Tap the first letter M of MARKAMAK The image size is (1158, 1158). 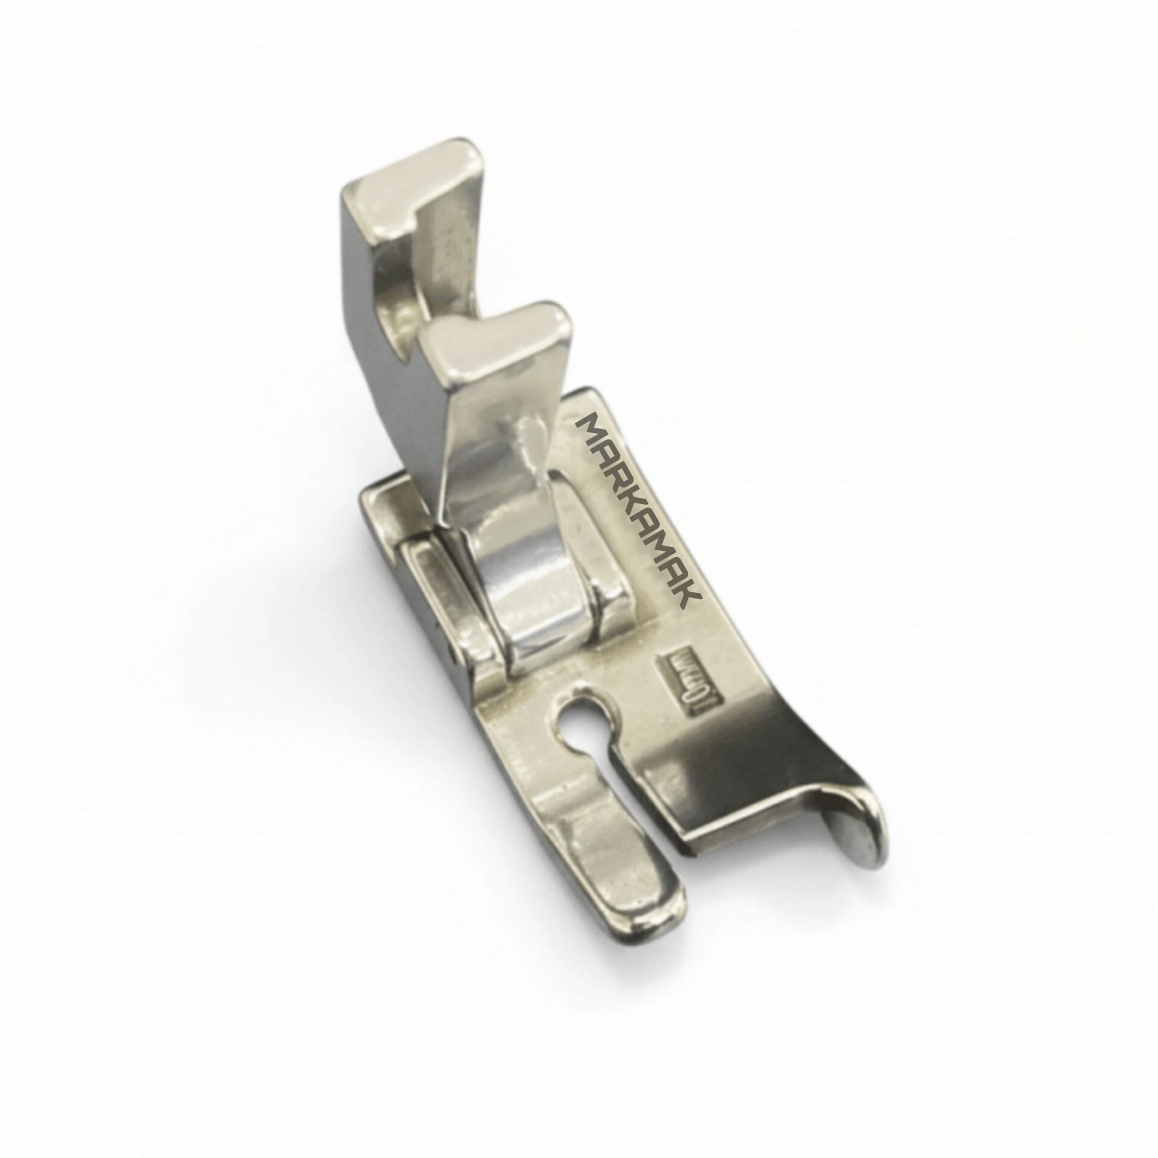point(589,426)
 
